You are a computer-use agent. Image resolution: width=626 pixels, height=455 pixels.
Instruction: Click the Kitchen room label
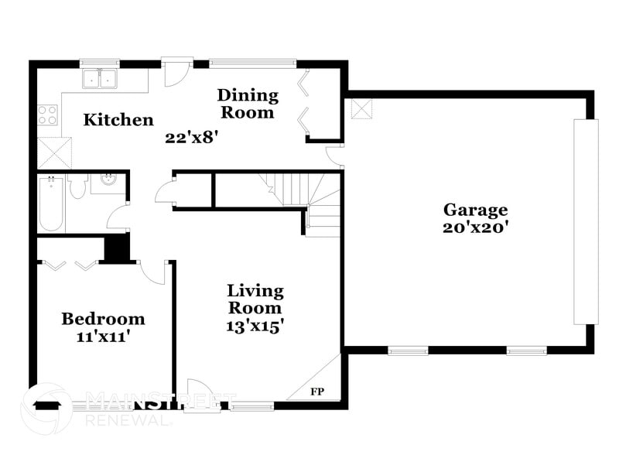[118, 120]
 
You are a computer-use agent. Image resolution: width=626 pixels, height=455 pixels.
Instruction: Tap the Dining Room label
[248, 104]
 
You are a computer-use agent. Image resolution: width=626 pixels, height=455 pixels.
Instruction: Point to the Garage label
[475, 210]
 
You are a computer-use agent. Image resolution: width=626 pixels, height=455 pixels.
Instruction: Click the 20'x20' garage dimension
[475, 227]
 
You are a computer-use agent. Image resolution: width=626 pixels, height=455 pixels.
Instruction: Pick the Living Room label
[255, 299]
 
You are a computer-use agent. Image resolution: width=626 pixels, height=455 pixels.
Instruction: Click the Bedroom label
[103, 319]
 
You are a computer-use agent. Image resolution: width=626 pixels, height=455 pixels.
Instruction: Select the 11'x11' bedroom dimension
[103, 337]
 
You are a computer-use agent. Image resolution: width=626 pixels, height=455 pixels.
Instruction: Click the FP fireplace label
[317, 392]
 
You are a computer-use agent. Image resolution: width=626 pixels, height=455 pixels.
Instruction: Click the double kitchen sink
[98, 77]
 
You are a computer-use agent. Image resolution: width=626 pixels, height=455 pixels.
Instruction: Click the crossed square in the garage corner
[361, 108]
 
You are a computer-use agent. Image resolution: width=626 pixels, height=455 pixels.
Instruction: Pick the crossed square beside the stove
[53, 152]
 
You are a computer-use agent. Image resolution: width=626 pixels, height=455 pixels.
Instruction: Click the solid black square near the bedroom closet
[116, 248]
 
